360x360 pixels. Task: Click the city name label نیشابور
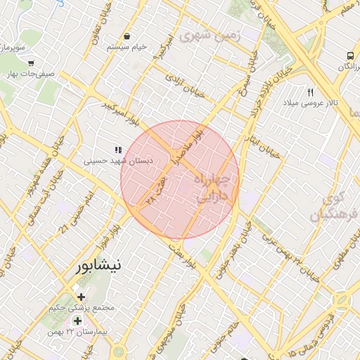[x=98, y=266]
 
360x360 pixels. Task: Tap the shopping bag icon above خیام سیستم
[x=127, y=37]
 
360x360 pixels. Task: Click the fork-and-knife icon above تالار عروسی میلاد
[x=310, y=92]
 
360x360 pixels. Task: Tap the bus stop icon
[x=349, y=56]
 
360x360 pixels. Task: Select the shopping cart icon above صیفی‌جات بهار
[x=30, y=60]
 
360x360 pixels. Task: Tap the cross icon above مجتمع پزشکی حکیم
[x=81, y=297]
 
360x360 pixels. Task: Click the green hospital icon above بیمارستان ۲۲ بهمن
[x=77, y=321]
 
